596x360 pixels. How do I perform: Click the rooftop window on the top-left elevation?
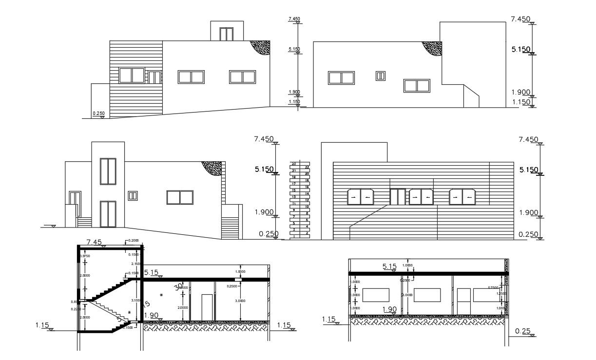pyautogui.click(x=226, y=34)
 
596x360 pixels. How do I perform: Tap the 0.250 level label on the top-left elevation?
pyautogui.click(x=98, y=114)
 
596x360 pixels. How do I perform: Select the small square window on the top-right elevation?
pyautogui.click(x=381, y=76)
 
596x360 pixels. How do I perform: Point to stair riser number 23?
pyautogui.click(x=294, y=164)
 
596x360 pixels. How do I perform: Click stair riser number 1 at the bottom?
pyautogui.click(x=294, y=236)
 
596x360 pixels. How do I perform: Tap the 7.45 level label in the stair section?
pyautogui.click(x=94, y=242)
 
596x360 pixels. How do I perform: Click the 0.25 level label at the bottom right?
pyautogui.click(x=522, y=331)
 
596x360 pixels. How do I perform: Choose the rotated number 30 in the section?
pyautogui.click(x=179, y=286)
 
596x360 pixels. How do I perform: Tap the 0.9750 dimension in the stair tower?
pyautogui.click(x=84, y=256)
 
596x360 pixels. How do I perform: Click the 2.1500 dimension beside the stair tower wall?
pyautogui.click(x=136, y=264)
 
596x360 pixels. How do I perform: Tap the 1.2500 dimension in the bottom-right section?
pyautogui.click(x=500, y=294)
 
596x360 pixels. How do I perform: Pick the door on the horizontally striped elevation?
pyautogui.click(x=398, y=197)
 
